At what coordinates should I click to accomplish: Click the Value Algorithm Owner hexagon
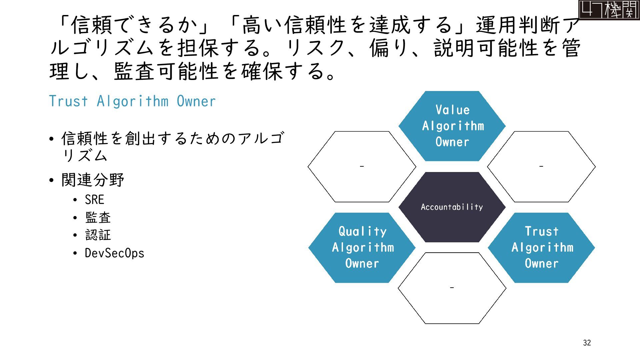452,126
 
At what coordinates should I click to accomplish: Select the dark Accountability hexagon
452,207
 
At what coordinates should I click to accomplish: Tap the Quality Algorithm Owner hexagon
362,248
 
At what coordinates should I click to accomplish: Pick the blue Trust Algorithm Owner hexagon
542,248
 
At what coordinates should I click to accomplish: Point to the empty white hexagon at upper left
362,167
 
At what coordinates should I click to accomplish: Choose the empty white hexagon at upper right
541,167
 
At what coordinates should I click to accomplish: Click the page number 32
587,343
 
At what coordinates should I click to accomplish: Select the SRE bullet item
95,200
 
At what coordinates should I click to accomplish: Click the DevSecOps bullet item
114,253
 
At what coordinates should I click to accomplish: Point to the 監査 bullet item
98,218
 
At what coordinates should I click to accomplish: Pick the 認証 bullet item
98,235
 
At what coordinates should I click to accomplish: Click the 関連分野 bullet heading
93,180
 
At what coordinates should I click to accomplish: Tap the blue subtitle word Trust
69,101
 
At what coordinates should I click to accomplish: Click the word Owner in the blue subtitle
196,101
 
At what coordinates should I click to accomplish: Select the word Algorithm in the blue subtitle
133,101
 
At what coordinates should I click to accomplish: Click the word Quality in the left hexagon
362,232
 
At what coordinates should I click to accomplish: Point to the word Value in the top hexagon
452,110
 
